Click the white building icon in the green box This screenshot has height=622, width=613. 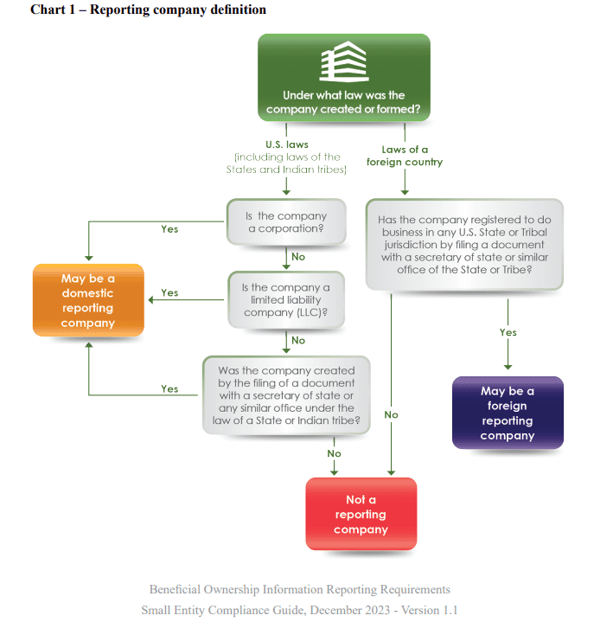344,61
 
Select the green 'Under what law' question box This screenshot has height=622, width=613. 344,77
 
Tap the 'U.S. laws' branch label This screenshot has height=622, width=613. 287,144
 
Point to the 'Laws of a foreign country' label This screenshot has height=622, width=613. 405,156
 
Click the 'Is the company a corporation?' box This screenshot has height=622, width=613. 286,222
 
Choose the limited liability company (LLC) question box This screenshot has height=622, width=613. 286,300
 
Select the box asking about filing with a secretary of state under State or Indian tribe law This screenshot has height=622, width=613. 286,395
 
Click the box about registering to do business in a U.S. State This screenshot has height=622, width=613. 464,244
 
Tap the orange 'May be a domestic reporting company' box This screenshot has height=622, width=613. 88,300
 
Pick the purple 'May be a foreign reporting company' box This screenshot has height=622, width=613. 508,413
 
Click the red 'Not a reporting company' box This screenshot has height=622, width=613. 361,514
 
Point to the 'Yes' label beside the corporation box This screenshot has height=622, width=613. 169,229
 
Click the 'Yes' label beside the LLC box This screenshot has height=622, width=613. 169,292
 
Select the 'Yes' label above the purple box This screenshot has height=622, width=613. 508,332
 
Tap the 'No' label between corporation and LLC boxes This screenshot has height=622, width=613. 298,257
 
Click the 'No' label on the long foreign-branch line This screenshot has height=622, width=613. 391,414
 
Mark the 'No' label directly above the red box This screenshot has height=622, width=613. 334,453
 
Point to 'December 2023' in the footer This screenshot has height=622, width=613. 350,610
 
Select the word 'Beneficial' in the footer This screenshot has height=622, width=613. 175,589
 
